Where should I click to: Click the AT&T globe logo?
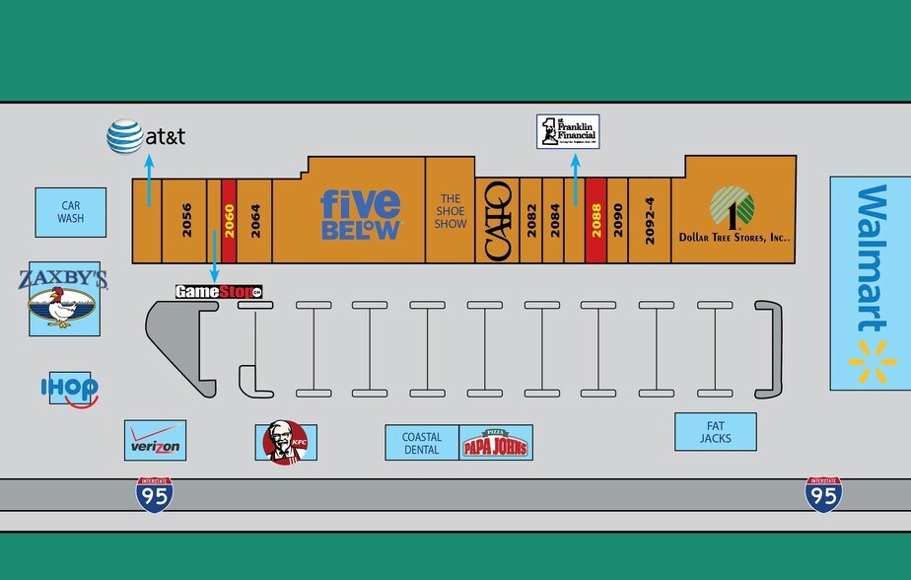pyautogui.click(x=125, y=136)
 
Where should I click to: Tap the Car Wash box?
pyautogui.click(x=70, y=212)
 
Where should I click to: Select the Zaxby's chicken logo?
pyautogui.click(x=64, y=300)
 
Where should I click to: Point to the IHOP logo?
pyautogui.click(x=69, y=389)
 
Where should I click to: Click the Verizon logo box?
pyautogui.click(x=155, y=440)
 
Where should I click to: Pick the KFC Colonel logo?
pyautogui.click(x=286, y=442)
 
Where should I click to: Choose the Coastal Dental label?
pyautogui.click(x=422, y=443)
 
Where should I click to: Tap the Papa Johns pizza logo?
pyautogui.click(x=496, y=443)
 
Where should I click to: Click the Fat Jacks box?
pyautogui.click(x=715, y=431)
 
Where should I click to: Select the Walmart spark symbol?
pyautogui.click(x=872, y=362)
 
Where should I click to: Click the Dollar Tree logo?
pyautogui.click(x=732, y=208)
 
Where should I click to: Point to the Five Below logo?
pyautogui.click(x=361, y=214)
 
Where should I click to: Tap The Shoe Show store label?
pyautogui.click(x=451, y=212)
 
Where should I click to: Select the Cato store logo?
pyautogui.click(x=498, y=220)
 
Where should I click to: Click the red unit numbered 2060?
pyautogui.click(x=229, y=220)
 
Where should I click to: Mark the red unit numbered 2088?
pyautogui.click(x=596, y=220)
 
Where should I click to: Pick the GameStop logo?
pyautogui.click(x=219, y=292)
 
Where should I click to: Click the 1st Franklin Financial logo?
pyautogui.click(x=568, y=131)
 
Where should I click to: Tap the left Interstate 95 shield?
pyautogui.click(x=155, y=493)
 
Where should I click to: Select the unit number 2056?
pyautogui.click(x=186, y=220)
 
